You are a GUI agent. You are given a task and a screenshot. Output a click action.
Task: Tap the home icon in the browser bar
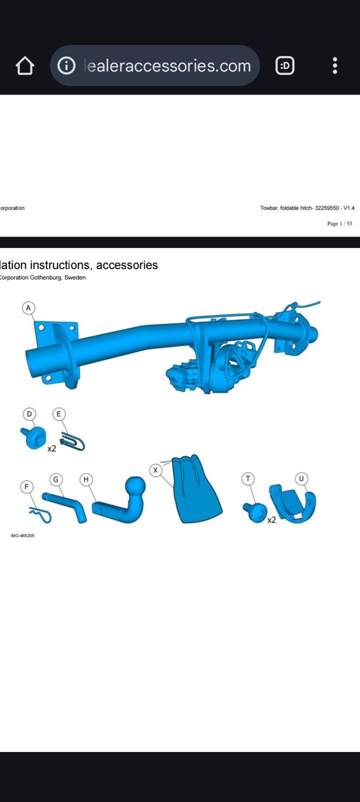click(x=24, y=66)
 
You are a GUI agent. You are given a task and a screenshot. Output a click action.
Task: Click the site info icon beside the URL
click(x=66, y=65)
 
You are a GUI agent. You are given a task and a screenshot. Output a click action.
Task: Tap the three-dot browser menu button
click(x=335, y=65)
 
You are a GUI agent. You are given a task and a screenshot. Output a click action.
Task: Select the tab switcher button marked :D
click(x=285, y=66)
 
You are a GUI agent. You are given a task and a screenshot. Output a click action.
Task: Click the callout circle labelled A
click(x=28, y=307)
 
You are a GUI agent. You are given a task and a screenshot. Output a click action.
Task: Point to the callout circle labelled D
click(x=29, y=414)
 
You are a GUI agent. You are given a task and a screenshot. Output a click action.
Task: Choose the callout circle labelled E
click(x=58, y=414)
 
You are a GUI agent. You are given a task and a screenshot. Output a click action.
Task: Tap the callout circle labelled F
click(x=26, y=487)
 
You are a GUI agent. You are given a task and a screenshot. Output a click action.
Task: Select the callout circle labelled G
click(x=56, y=479)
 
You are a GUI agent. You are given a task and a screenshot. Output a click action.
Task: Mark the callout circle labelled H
click(x=86, y=479)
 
